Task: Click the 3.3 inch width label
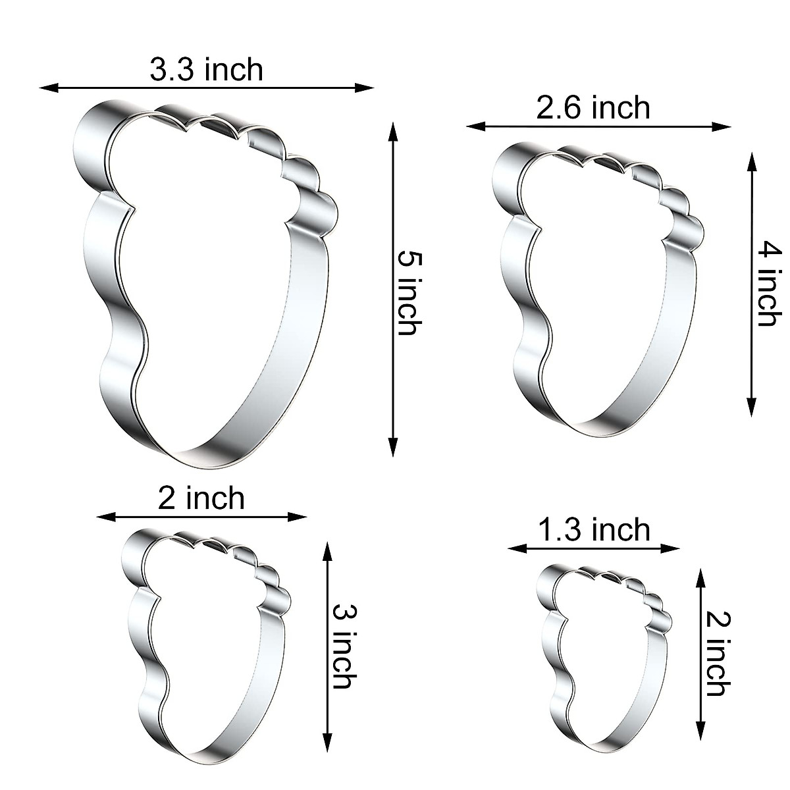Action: pos(206,69)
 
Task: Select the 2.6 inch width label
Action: pos(592,107)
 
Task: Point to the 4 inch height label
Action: pos(766,284)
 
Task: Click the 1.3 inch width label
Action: pos(594,529)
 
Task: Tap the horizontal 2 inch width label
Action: pos(201,498)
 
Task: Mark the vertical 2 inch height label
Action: pos(716,654)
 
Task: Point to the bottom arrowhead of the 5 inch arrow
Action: pos(393,449)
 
